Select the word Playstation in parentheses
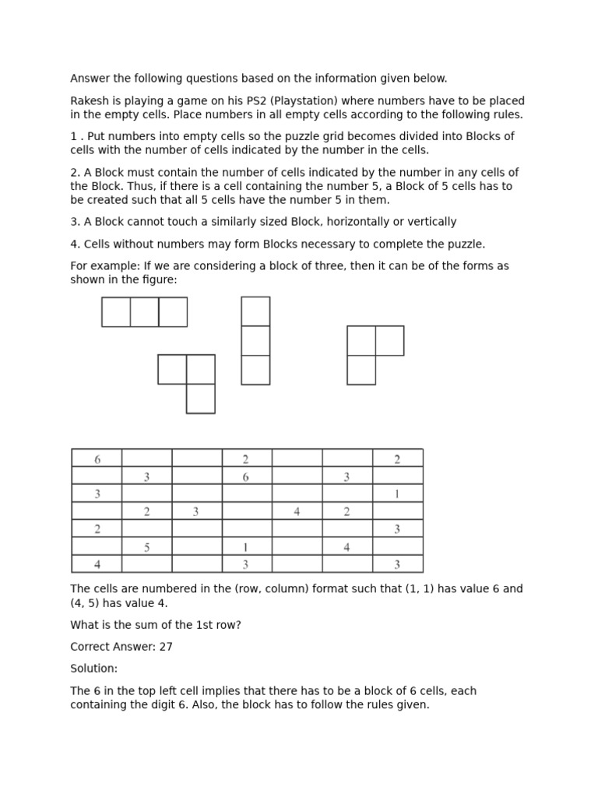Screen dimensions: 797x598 point(308,100)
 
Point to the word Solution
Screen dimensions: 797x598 point(93,669)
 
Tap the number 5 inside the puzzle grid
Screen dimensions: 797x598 point(146,547)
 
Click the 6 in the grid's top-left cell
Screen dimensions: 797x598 point(97,459)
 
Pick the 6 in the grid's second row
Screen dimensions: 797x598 point(246,477)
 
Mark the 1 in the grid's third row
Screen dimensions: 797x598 point(397,493)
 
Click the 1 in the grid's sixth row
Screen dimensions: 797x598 point(246,547)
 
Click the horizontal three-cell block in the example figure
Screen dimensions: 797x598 point(144,311)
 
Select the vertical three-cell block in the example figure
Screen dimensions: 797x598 point(255,340)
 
